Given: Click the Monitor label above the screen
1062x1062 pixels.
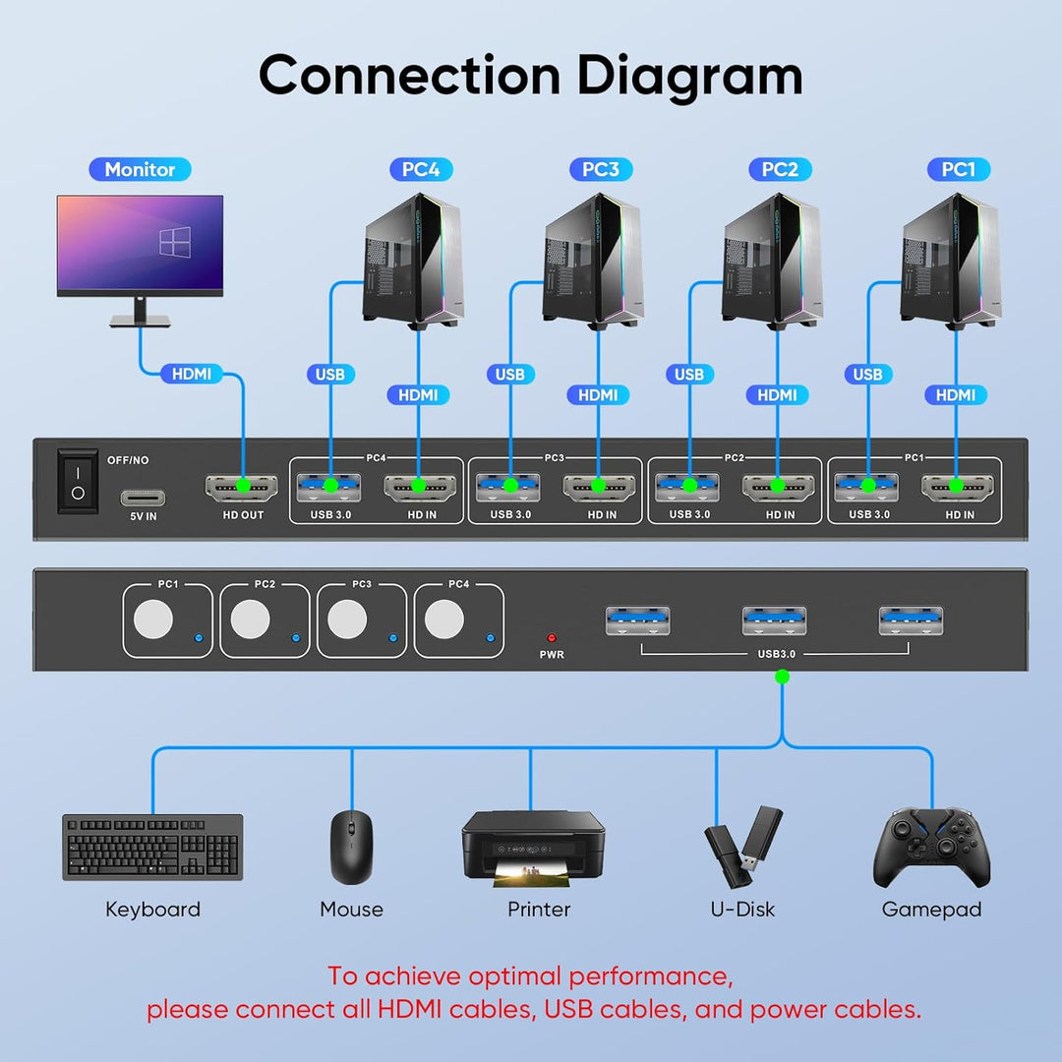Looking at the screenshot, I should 140,169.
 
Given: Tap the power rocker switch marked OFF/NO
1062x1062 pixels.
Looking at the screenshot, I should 78,481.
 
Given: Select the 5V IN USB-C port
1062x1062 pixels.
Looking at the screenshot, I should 144,497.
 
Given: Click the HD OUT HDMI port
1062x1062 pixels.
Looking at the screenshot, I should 240,486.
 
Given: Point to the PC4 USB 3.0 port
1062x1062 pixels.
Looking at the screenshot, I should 328,485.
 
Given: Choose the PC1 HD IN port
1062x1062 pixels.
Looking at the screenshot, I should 954,485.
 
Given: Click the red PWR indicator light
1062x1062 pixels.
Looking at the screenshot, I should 552,637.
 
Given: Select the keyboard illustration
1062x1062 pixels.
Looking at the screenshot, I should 152,847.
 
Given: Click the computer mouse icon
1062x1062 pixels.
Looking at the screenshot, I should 350,846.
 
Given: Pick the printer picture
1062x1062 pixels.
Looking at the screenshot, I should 533,845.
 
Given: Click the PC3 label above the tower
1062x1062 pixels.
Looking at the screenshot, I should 600,169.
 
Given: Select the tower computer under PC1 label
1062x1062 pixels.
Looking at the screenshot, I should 949,260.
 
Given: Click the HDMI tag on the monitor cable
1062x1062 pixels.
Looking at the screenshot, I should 192,374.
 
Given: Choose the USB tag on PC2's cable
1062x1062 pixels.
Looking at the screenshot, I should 688,374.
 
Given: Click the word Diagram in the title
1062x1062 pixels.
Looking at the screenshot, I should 689,76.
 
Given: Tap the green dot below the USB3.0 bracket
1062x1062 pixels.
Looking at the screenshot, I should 782,677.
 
